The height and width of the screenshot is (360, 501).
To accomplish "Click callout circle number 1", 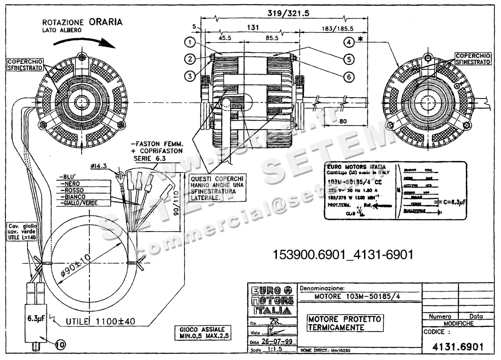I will click(x=190, y=42).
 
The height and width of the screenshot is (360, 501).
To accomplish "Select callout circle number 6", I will click(x=349, y=76).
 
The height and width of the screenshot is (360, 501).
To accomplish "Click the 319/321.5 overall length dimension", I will click(x=288, y=13).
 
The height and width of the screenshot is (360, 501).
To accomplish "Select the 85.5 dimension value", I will click(x=271, y=38).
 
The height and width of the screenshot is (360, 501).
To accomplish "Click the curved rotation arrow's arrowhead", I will click(x=111, y=43).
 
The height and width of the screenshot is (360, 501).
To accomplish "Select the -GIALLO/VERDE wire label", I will click(x=79, y=203).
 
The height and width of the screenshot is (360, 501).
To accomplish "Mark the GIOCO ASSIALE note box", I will click(x=202, y=332).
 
